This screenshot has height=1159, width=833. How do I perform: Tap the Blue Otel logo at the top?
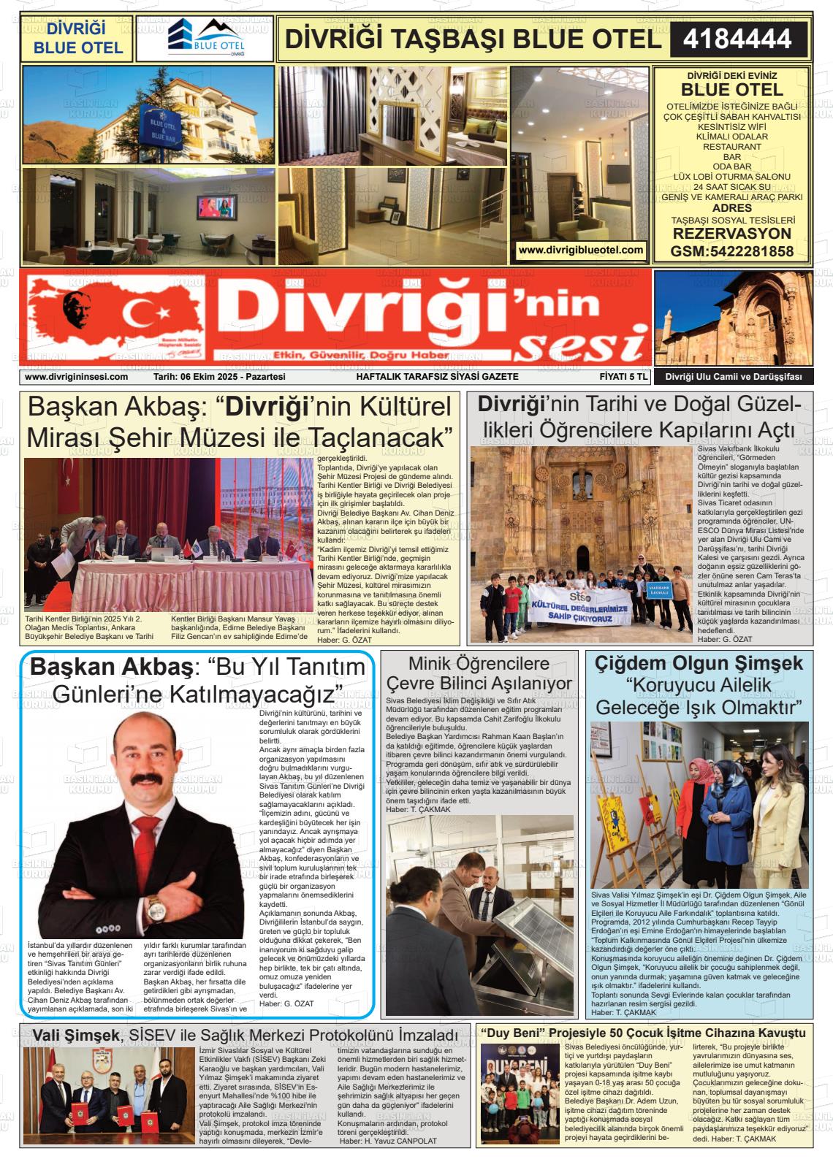coord(205,38)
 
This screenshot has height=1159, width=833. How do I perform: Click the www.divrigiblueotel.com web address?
coord(580,250)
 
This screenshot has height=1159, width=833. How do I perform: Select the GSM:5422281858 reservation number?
coord(731,251)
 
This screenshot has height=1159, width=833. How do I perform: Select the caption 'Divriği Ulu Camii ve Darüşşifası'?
coord(733,377)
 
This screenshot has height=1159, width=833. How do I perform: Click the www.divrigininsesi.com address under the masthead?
coord(76,377)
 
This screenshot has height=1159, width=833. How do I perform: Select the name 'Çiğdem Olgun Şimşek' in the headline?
coord(699,663)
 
